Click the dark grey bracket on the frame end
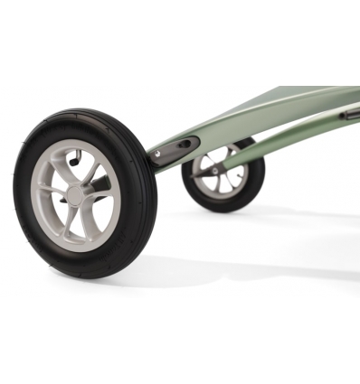click(175, 148)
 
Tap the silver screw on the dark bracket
click(159, 155)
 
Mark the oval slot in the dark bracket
click(184, 144)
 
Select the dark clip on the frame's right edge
click(350, 114)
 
